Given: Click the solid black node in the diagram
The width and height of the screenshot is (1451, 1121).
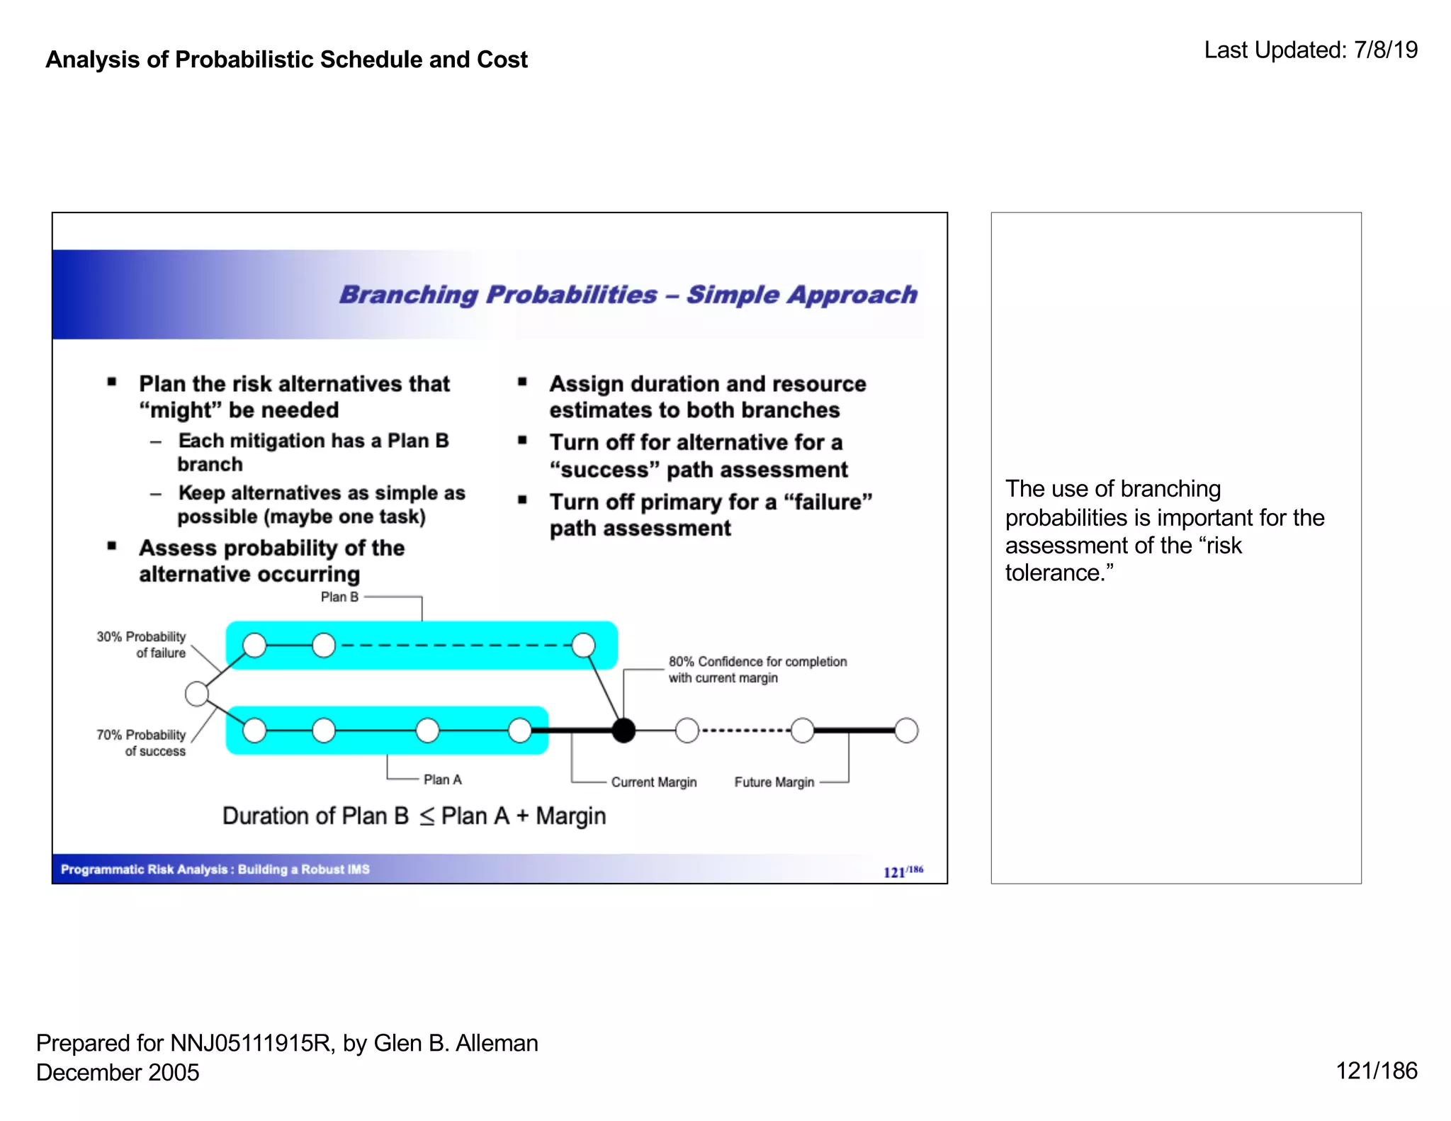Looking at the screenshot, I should click(x=623, y=731).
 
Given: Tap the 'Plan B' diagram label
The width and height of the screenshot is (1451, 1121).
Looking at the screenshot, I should click(x=339, y=597).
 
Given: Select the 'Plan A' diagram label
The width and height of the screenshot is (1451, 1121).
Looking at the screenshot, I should click(x=442, y=779).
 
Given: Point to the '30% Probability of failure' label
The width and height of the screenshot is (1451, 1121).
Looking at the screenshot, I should click(x=142, y=645).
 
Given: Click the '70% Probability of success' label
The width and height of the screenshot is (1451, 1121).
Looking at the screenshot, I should click(x=142, y=743).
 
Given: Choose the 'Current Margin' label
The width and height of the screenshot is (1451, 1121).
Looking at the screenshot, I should click(x=653, y=782).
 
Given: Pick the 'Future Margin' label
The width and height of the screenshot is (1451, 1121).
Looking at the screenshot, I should click(x=774, y=782).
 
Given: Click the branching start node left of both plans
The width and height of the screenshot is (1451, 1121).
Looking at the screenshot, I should click(x=197, y=694).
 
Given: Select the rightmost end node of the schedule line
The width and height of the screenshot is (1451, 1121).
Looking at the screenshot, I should click(x=906, y=731).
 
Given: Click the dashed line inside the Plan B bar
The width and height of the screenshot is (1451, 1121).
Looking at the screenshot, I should click(x=453, y=646).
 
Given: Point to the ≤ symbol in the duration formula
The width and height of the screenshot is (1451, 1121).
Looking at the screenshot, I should click(x=426, y=817).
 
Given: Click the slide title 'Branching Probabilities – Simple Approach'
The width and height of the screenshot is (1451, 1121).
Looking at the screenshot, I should click(x=628, y=295).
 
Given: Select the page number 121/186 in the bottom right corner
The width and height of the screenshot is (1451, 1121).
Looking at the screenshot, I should click(x=1376, y=1071).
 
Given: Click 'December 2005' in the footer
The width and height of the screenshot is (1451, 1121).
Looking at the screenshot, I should click(x=118, y=1073).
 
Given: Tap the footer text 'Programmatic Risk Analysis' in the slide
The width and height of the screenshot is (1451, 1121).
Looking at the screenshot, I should click(x=144, y=869).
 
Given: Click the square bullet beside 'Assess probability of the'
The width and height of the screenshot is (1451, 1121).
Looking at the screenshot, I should click(x=112, y=546).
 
